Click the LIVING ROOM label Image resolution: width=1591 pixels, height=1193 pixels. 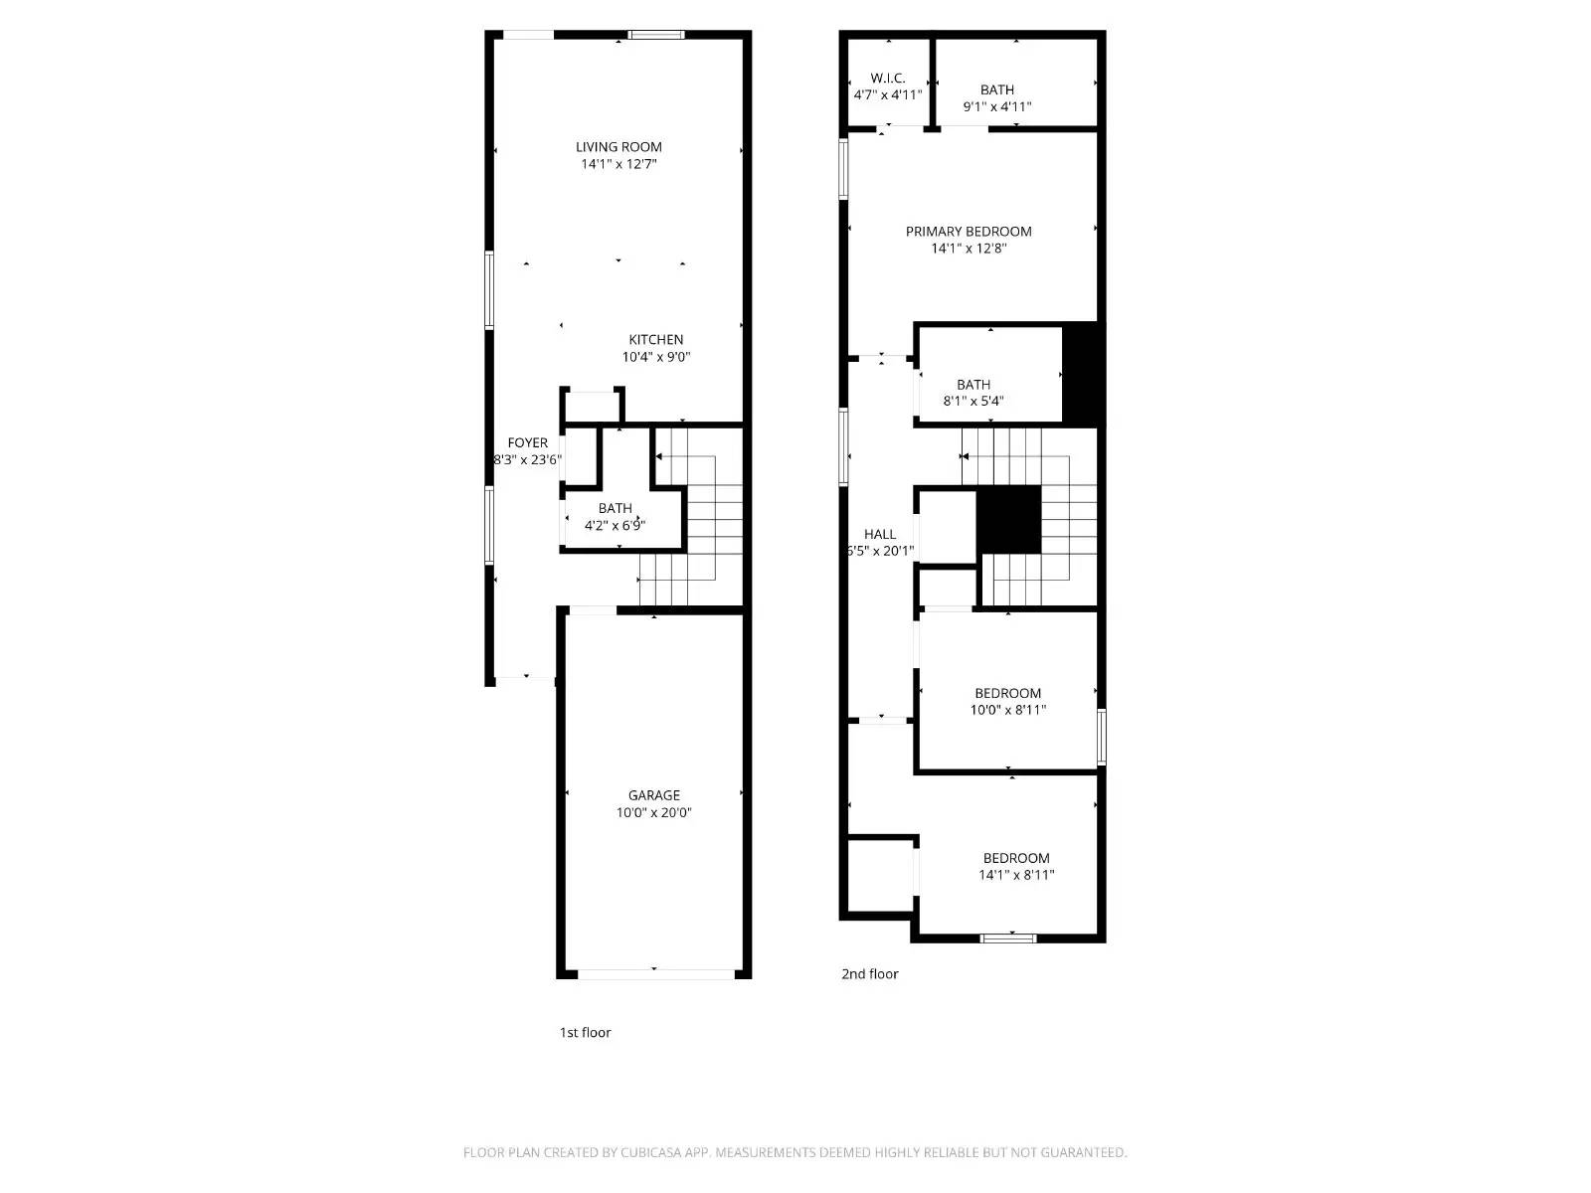(619, 147)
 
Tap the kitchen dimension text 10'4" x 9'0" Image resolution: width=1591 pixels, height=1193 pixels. (656, 357)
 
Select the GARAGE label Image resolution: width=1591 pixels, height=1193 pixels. (654, 795)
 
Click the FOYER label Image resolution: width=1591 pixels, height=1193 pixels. (527, 443)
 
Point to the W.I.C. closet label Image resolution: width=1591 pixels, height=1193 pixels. (887, 79)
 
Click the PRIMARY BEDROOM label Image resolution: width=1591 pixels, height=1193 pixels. (969, 232)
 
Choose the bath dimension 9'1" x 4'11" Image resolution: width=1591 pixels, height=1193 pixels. (997, 106)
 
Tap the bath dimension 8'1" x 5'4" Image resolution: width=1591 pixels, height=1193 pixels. (973, 402)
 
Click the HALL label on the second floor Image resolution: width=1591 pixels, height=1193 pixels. (880, 534)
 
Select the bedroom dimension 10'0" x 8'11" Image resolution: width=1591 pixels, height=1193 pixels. (1008, 710)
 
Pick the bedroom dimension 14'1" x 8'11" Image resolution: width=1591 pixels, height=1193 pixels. (1016, 875)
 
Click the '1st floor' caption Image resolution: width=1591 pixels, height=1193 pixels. (585, 1033)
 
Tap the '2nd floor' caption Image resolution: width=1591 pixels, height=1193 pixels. (870, 974)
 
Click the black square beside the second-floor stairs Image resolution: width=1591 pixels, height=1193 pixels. (1008, 520)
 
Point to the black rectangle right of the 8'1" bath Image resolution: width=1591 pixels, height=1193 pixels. (1082, 376)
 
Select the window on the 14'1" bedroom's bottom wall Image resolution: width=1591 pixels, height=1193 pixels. (1008, 937)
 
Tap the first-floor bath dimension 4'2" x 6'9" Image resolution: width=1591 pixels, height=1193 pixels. (615, 526)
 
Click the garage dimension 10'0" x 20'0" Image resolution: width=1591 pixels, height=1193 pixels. (654, 812)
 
